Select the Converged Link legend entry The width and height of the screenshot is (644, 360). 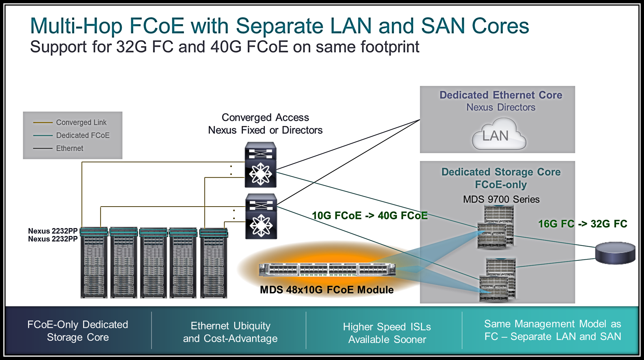coord(81,123)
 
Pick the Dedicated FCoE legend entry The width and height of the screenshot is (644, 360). coord(82,136)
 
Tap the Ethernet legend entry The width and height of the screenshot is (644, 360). coord(69,149)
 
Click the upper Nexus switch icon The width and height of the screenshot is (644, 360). coord(260,165)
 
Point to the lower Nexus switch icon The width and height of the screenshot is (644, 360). coord(261,216)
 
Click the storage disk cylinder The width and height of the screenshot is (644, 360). coord(615,253)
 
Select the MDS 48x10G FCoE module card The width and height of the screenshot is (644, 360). coord(327,269)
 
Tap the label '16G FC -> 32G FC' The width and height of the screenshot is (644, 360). coord(582,224)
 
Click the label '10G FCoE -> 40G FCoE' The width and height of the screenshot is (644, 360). coord(370,216)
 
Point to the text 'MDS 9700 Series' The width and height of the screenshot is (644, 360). coord(501,200)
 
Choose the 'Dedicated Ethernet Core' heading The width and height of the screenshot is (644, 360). coord(501,95)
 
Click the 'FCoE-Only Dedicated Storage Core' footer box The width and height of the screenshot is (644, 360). coord(78,331)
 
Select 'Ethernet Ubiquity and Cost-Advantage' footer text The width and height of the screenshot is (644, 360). coord(230,332)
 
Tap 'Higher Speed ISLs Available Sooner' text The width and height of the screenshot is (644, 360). coord(387,333)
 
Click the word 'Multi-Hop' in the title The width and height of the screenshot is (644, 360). coord(76,26)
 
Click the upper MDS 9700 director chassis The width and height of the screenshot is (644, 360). coord(495,227)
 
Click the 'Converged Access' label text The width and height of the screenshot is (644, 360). coord(265,118)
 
